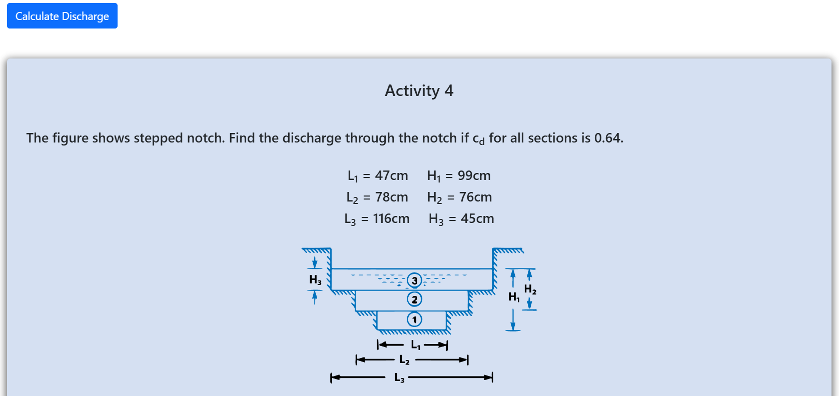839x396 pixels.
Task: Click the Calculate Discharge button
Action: [x=62, y=15]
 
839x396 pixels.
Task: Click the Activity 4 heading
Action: [x=419, y=90]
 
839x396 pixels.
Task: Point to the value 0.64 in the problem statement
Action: [x=609, y=137]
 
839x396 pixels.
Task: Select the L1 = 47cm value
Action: [x=378, y=175]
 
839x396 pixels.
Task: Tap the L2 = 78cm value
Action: [x=377, y=197]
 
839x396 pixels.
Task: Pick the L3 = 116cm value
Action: [x=377, y=218]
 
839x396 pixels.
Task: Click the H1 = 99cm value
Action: [x=459, y=175]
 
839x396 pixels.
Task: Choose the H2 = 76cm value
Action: [x=460, y=197]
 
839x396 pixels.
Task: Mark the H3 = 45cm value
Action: [x=461, y=218]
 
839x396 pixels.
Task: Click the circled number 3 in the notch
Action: [x=414, y=280]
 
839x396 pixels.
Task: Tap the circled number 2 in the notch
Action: [x=414, y=299]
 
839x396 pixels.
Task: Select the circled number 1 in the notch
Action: [x=414, y=319]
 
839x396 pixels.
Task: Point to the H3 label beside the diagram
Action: [x=315, y=280]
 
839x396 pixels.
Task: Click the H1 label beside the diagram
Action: [x=514, y=297]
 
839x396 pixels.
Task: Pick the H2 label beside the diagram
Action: [x=530, y=289]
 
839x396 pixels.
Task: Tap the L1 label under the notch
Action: [x=415, y=344]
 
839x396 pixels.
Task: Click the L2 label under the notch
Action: [x=405, y=360]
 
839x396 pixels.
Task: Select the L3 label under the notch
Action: [x=399, y=377]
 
